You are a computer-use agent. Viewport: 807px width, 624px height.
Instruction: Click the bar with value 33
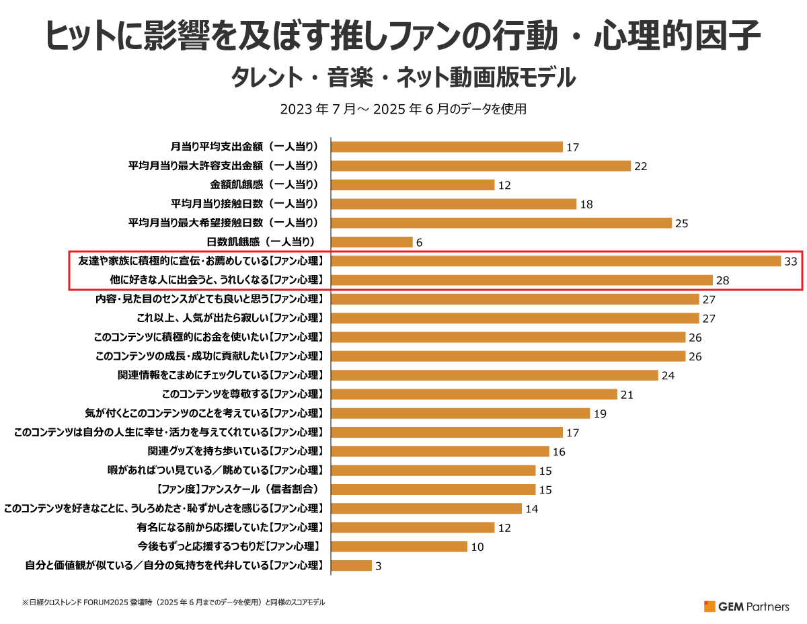pos(555,261)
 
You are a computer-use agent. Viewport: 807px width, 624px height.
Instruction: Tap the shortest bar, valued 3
pos(352,565)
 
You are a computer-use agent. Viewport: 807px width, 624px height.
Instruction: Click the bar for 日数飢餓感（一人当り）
pos(372,242)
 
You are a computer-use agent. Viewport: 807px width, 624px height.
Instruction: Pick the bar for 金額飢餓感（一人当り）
pos(413,185)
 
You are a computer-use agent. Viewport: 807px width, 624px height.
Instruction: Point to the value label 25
pos(681,223)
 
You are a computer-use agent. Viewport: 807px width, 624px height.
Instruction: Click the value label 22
pos(640,166)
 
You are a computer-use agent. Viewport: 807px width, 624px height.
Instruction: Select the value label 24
pos(668,375)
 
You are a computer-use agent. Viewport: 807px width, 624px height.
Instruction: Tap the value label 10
pos(477,547)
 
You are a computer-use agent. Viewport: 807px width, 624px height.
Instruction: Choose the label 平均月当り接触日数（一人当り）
pos(223,204)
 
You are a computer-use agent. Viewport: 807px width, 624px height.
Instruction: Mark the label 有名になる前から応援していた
pos(231,527)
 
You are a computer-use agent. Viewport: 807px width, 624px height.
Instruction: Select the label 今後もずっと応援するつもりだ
pos(228,547)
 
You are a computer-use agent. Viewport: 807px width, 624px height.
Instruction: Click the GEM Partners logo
pos(746,606)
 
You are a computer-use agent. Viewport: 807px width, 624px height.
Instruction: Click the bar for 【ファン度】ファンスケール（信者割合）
pos(433,490)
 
